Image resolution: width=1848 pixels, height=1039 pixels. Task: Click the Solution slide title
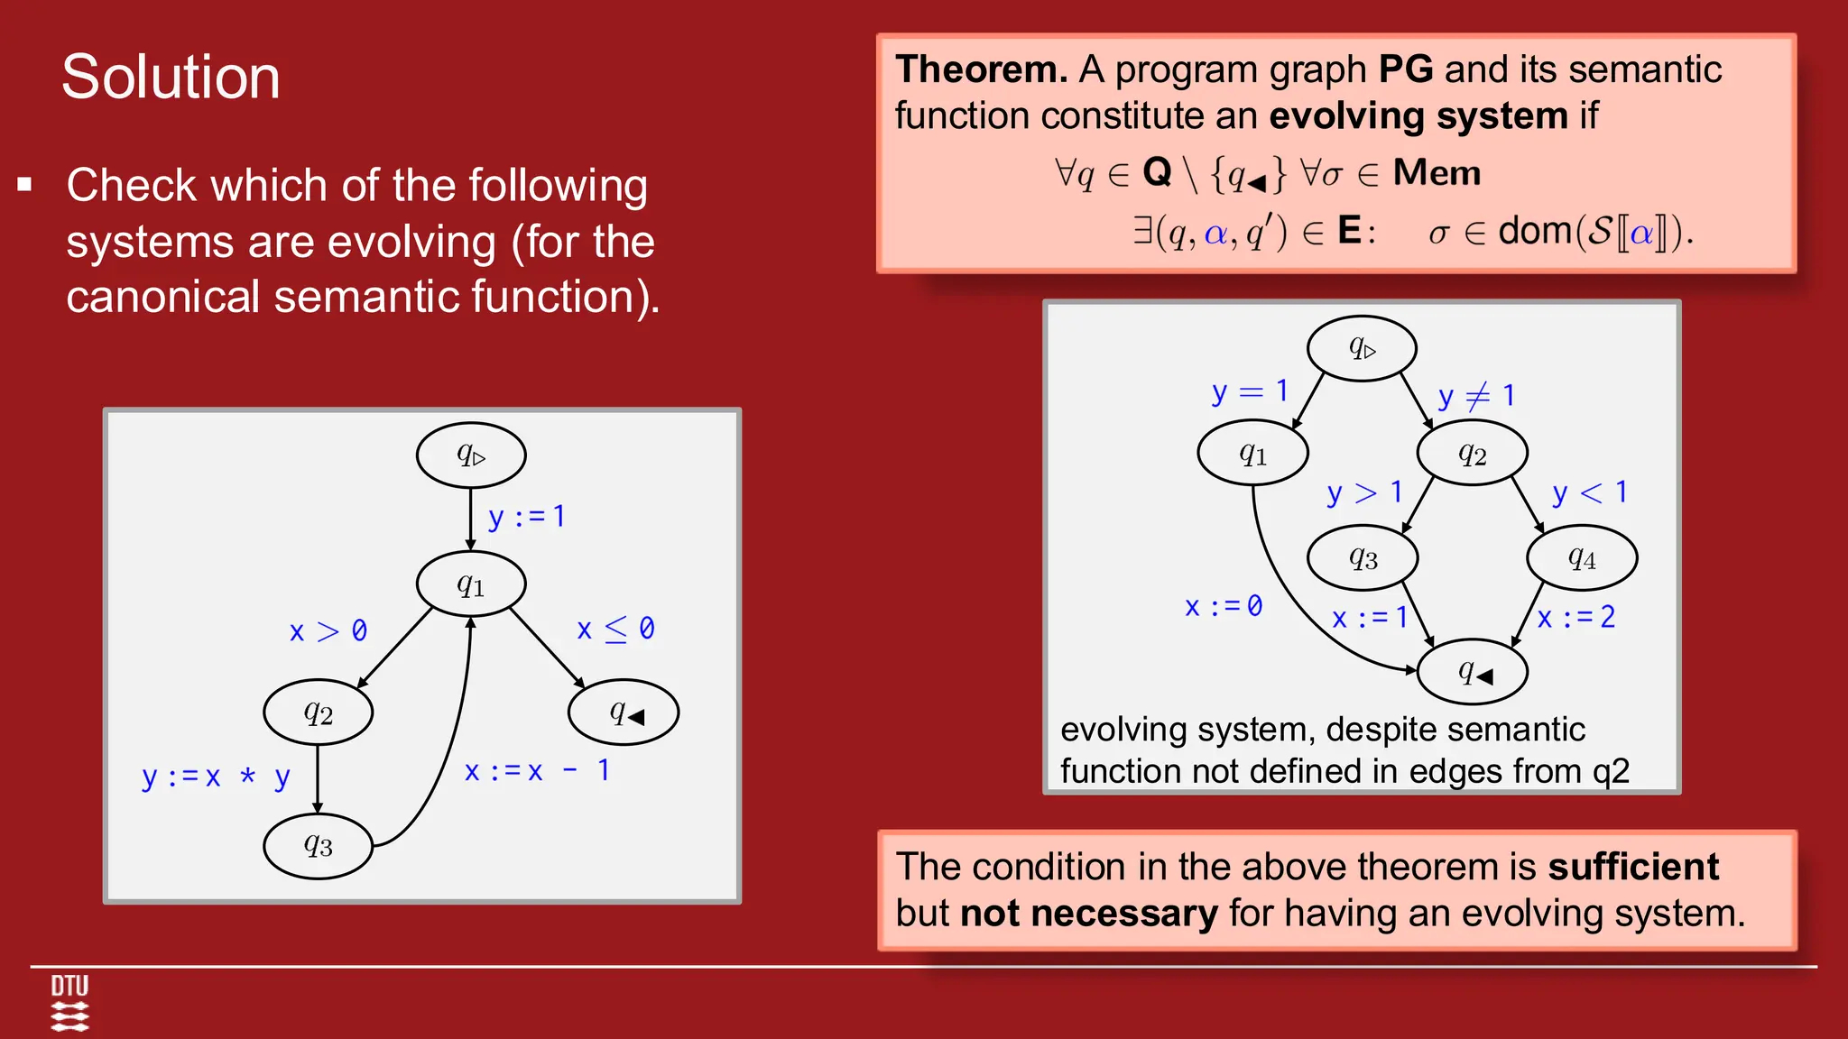[171, 78]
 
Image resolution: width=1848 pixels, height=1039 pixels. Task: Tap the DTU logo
[69, 1002]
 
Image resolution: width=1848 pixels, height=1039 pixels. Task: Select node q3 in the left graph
[318, 846]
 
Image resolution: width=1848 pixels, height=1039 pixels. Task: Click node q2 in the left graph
[318, 713]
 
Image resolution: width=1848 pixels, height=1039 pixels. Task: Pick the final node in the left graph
[624, 713]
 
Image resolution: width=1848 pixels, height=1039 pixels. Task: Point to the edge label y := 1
[526, 517]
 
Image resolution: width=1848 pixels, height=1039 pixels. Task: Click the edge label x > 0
[328, 630]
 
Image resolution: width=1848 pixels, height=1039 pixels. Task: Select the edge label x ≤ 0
[615, 629]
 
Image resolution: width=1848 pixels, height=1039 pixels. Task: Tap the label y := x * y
[216, 777]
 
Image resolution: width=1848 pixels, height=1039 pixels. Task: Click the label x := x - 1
[537, 771]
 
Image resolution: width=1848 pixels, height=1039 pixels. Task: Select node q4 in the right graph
[1581, 558]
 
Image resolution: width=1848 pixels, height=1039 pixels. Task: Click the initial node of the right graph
[1362, 348]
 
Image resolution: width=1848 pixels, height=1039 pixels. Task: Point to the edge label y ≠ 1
[1476, 396]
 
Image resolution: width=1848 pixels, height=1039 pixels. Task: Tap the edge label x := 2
[1575, 618]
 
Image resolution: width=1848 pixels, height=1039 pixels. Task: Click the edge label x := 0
[1223, 606]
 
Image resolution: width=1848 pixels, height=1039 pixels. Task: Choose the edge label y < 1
[1589, 492]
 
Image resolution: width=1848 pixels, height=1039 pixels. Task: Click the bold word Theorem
[981, 69]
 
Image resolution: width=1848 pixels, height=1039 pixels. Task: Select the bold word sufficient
[1633, 867]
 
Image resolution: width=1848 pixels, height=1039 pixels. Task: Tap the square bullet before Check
[24, 185]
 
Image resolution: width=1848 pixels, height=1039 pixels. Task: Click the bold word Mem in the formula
[1437, 172]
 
